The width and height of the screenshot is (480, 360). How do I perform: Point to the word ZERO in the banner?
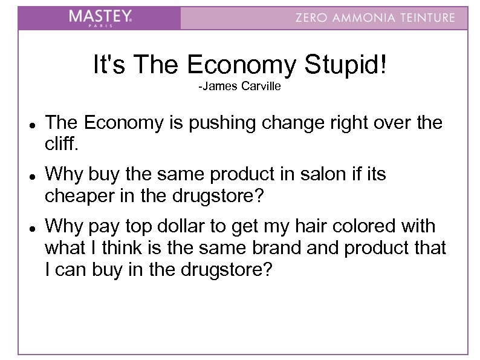(x=311, y=18)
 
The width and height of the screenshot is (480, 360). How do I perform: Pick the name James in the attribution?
(x=220, y=88)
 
